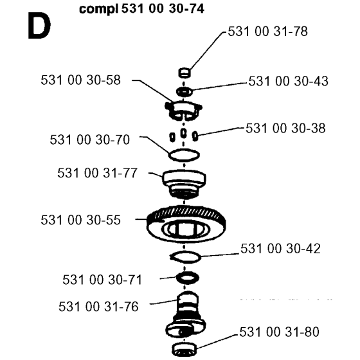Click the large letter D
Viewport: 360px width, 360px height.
point(39,26)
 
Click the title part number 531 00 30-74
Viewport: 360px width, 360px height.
point(163,9)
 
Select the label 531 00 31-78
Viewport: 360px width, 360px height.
point(267,32)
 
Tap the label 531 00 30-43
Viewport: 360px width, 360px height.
point(288,81)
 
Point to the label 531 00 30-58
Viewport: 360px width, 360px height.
point(80,80)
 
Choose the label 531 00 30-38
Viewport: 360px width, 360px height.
point(285,128)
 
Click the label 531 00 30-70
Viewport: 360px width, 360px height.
point(90,139)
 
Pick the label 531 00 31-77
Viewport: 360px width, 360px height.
point(97,173)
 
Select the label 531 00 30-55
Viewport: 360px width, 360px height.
point(80,220)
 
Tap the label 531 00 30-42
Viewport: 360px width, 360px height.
point(280,249)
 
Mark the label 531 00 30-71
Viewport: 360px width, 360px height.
point(102,280)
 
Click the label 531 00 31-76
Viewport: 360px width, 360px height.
point(98,307)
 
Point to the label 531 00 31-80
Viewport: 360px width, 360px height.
point(279,332)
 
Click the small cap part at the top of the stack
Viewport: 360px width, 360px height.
point(184,73)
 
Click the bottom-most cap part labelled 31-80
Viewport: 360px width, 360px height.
point(184,349)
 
